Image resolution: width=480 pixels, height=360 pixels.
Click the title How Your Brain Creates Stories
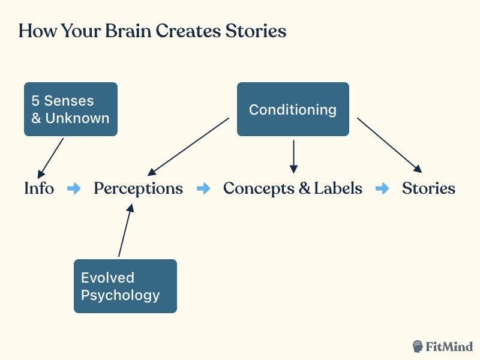click(152, 31)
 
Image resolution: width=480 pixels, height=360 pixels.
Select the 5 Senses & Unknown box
click(71, 109)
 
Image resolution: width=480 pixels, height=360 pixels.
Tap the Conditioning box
click(293, 109)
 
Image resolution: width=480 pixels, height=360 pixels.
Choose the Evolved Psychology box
click(125, 286)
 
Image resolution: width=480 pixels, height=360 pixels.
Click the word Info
click(39, 188)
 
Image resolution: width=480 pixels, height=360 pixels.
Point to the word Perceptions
click(138, 188)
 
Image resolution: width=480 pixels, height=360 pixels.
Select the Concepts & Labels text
click(293, 188)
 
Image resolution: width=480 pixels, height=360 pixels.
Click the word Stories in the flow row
click(428, 188)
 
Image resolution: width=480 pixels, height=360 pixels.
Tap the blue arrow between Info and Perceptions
click(74, 188)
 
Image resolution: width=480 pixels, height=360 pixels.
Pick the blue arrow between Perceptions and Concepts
click(204, 188)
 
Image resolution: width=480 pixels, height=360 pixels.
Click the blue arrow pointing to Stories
click(382, 188)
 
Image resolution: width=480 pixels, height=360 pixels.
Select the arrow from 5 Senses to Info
click(50, 157)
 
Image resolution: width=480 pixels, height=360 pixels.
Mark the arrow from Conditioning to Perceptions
click(188, 146)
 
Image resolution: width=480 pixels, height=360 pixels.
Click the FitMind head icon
click(418, 346)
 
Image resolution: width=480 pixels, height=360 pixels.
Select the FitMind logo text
click(450, 346)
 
